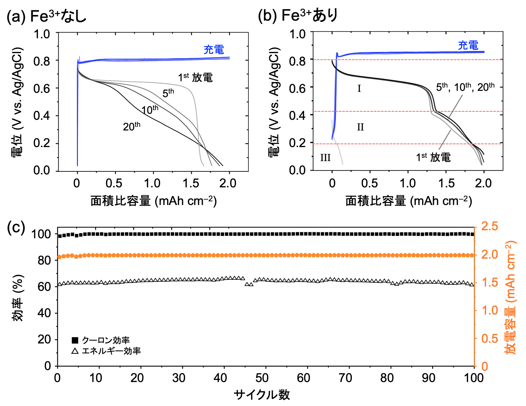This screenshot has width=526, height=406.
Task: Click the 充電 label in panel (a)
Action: [x=214, y=50]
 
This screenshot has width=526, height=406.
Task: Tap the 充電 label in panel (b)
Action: [x=468, y=46]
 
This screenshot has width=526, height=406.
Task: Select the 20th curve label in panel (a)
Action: [x=131, y=126]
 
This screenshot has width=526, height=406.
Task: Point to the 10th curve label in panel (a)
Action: [x=150, y=110]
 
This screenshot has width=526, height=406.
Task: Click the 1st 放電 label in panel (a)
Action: [x=195, y=78]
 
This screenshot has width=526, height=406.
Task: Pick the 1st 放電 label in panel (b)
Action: [x=433, y=157]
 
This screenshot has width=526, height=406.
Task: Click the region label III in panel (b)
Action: [x=325, y=157]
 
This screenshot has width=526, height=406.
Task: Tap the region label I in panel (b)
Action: [x=359, y=89]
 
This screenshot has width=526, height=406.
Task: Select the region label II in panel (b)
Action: [x=360, y=127]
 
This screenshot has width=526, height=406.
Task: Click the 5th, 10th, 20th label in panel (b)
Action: [x=465, y=87]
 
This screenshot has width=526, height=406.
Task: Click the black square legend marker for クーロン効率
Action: [x=75, y=340]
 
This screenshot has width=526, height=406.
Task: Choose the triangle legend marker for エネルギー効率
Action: [x=75, y=351]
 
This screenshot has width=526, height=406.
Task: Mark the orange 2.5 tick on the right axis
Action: [x=490, y=227]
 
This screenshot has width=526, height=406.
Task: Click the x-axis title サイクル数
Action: [x=262, y=395]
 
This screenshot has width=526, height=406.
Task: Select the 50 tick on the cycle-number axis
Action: [x=262, y=378]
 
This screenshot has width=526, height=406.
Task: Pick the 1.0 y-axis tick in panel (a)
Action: [x=42, y=34]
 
